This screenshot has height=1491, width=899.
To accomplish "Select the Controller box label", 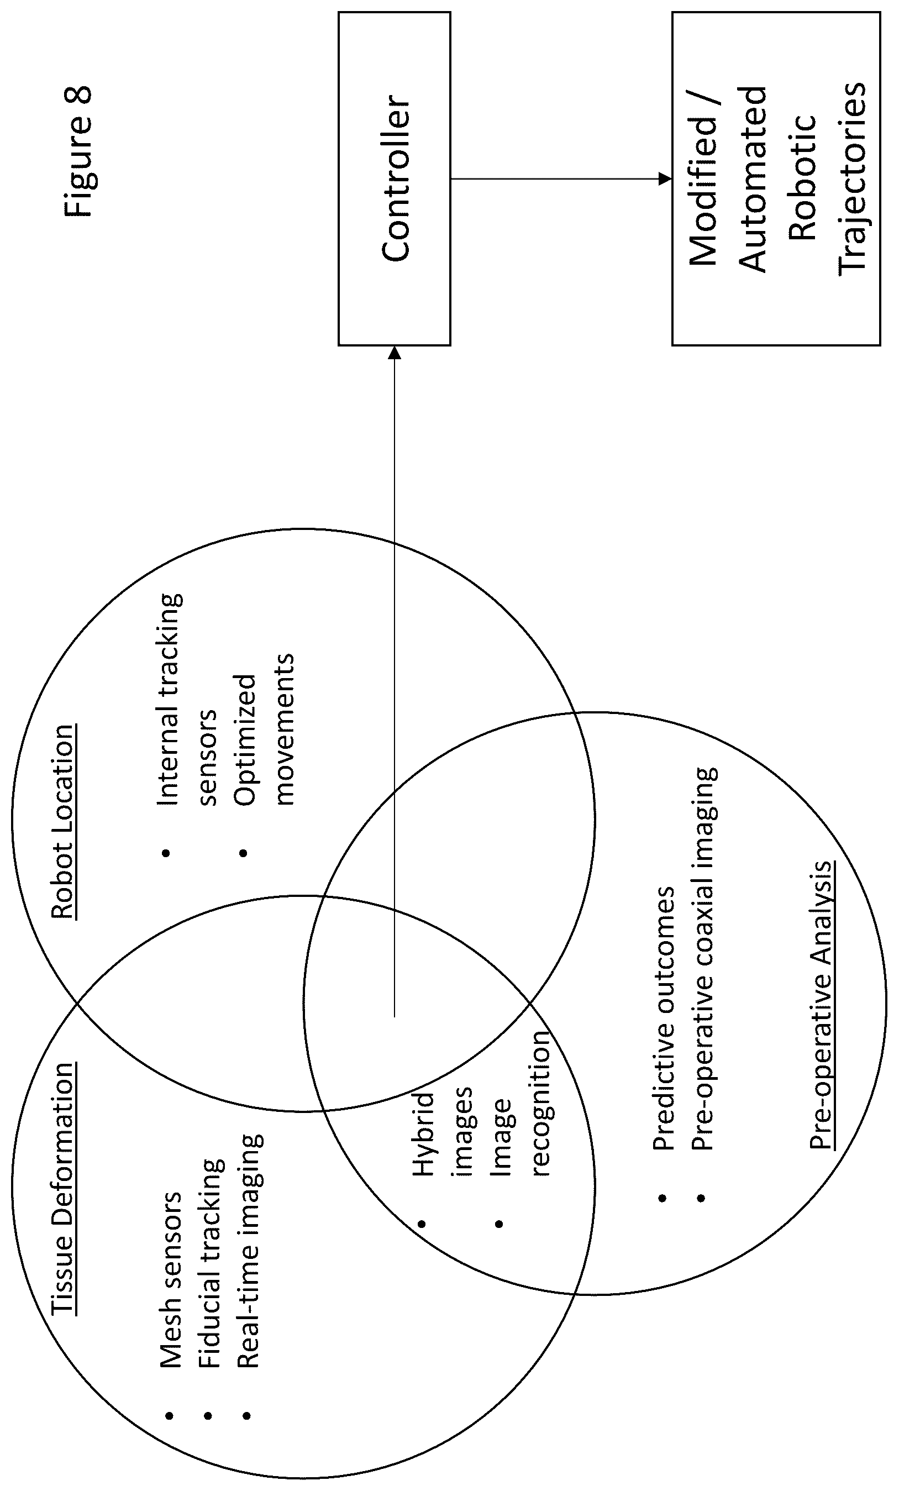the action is click(396, 179).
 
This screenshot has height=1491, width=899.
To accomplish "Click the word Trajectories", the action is click(852, 179).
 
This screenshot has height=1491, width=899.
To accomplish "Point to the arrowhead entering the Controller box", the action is click(395, 352).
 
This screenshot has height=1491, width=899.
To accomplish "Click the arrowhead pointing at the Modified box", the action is click(665, 179).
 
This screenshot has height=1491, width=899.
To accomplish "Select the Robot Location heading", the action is click(62, 822).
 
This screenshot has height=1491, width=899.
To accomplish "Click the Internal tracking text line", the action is click(170, 699).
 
